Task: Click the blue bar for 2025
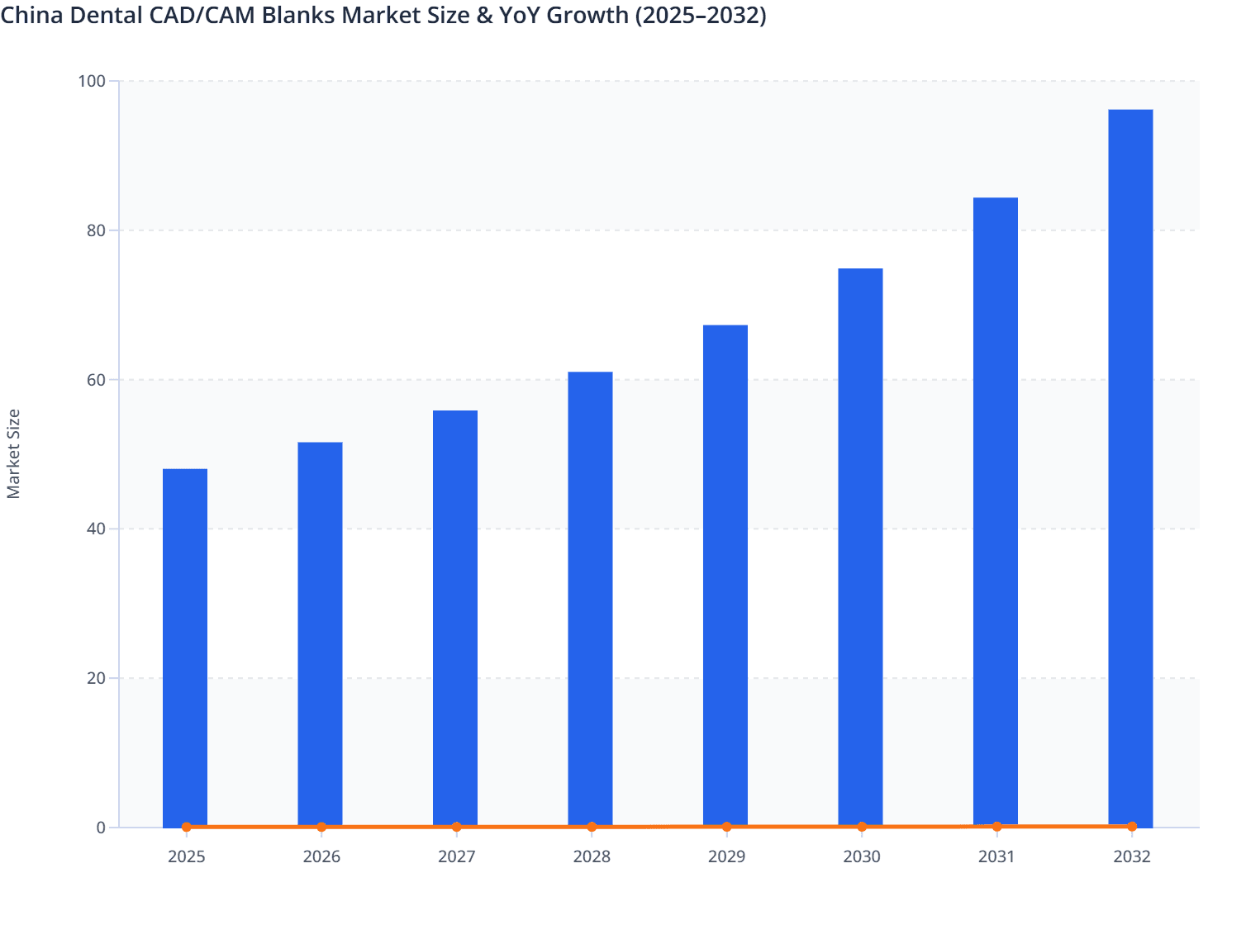pyautogui.click(x=185, y=647)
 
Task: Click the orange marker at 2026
pyautogui.click(x=321, y=827)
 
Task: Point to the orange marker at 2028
pyautogui.click(x=592, y=827)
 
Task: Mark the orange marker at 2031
pyautogui.click(x=996, y=826)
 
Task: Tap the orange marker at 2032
pyautogui.click(x=1131, y=826)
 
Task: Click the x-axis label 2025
pyautogui.click(x=187, y=856)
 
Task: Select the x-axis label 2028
pyautogui.click(x=592, y=856)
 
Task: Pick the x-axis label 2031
pyautogui.click(x=996, y=856)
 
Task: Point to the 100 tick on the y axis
pyautogui.click(x=92, y=81)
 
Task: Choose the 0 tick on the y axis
pyautogui.click(x=101, y=828)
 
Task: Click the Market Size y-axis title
pyautogui.click(x=13, y=453)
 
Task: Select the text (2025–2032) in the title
pyautogui.click(x=701, y=15)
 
